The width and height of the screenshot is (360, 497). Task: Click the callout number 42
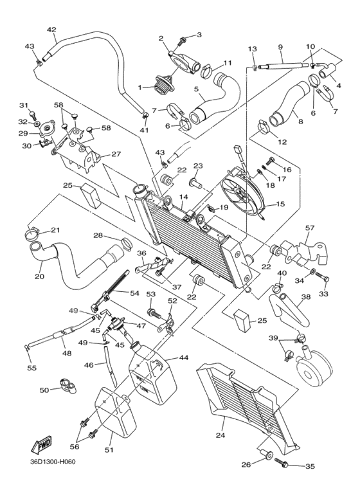(x=51, y=30)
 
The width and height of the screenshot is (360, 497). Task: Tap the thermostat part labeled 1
(x=158, y=86)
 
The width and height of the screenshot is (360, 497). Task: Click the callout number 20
(x=39, y=277)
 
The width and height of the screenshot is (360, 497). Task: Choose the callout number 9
(x=280, y=47)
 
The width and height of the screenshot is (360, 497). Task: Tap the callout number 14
(x=183, y=197)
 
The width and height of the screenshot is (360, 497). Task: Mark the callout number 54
(x=134, y=293)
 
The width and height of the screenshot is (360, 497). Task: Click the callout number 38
(x=306, y=297)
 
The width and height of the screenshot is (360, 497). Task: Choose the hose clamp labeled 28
(x=125, y=243)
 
